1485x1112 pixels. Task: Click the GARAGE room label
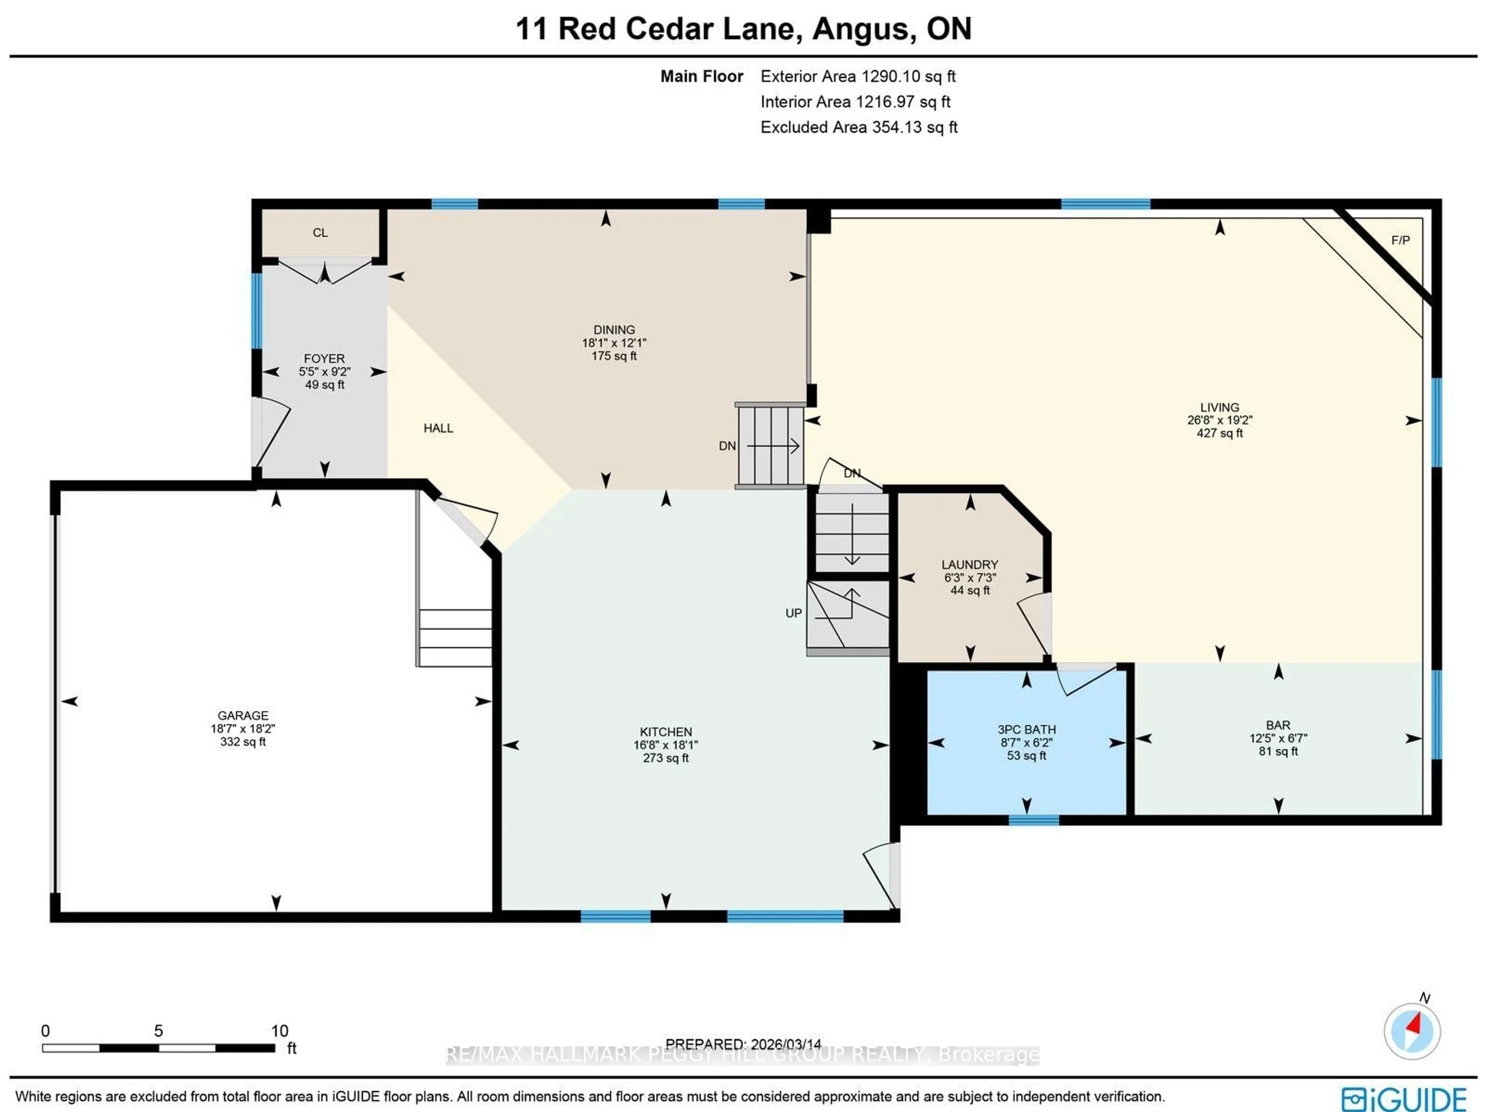[x=242, y=715]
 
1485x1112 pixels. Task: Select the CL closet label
[x=320, y=233]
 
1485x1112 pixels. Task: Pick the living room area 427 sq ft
[x=1219, y=433]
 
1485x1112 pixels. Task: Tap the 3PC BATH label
[x=1026, y=729]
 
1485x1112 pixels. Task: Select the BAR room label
[x=1278, y=725]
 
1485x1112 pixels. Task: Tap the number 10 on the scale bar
[x=279, y=1031]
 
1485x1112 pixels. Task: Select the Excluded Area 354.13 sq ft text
[x=859, y=127]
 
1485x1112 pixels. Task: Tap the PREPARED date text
[x=743, y=1044]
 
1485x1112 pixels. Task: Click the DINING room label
[x=614, y=330]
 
